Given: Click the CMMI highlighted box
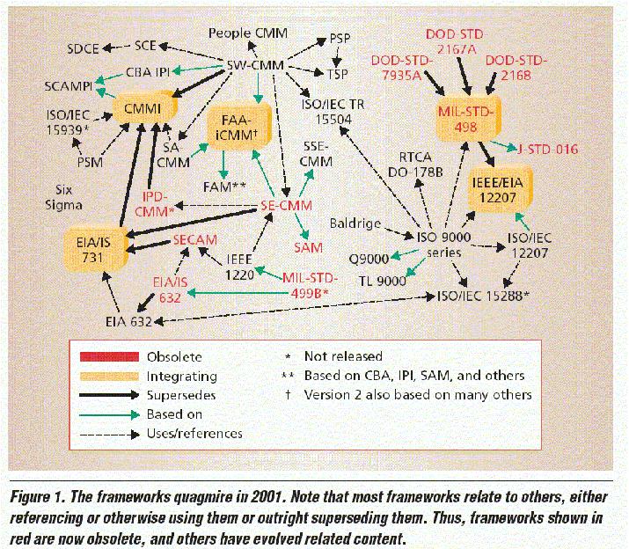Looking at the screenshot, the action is (x=144, y=108).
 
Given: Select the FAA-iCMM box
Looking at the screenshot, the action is (x=238, y=127).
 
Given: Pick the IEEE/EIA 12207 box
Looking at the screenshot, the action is (x=500, y=189).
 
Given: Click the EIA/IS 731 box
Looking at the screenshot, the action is (x=96, y=249).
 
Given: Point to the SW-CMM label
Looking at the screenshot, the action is (x=255, y=65).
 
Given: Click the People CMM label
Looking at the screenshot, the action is (x=248, y=33).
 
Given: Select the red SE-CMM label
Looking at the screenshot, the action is (x=286, y=206).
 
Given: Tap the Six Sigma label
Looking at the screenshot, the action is (x=64, y=197).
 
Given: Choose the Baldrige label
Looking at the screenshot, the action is (x=355, y=223).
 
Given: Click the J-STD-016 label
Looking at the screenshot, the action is (x=547, y=150).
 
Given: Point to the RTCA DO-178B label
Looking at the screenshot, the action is (x=415, y=165).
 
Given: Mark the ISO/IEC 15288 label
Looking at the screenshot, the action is (x=483, y=296).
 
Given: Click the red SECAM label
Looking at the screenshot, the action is (x=195, y=239).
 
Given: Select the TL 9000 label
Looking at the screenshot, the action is (x=383, y=281).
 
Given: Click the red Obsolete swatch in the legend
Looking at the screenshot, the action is (x=109, y=356).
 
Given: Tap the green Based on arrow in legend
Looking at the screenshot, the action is (x=109, y=414).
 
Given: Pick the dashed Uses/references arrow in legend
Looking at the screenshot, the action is (x=109, y=434).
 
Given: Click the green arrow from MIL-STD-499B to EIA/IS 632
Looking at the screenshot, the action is (x=238, y=293).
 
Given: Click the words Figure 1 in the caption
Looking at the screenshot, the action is (x=36, y=497).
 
